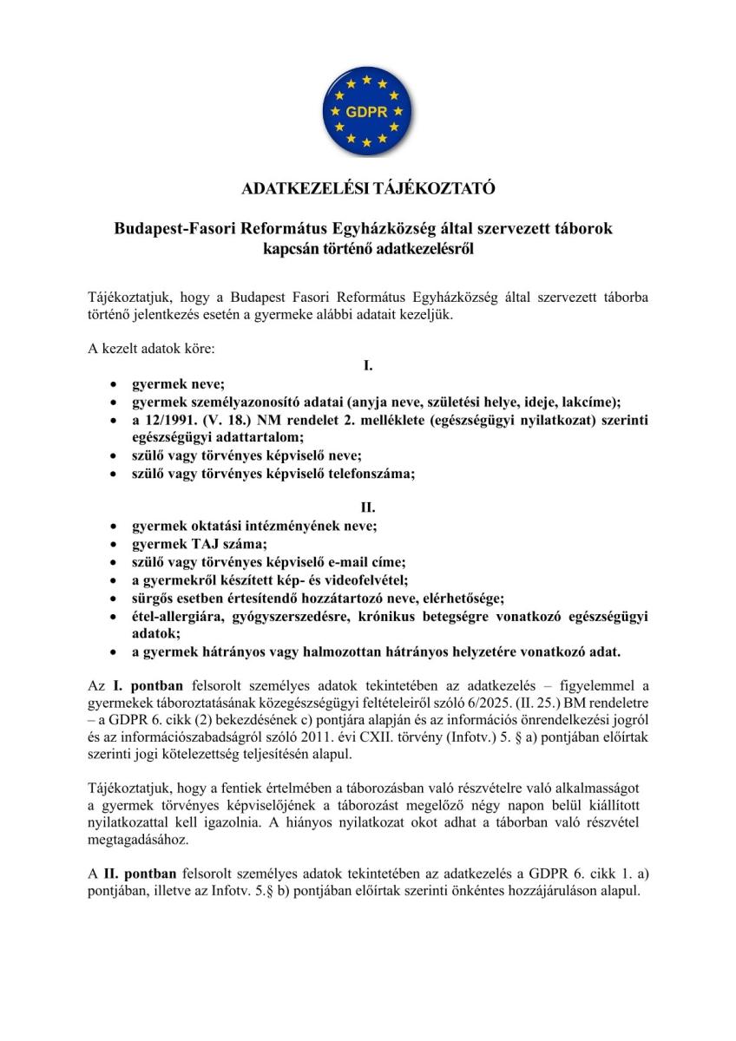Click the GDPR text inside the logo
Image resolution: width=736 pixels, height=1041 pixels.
[367, 113]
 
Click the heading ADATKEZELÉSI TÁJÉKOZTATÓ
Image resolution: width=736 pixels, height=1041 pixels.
[367, 188]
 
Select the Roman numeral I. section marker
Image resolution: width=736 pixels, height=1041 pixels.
[368, 366]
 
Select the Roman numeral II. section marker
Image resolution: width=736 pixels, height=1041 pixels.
[368, 507]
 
